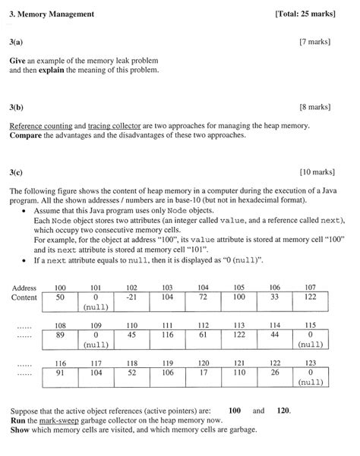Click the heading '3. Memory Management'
pyautogui.click(x=52, y=14)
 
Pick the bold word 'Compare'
pyautogui.click(x=29, y=136)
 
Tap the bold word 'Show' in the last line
pyautogui.click(x=21, y=429)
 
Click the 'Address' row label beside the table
pyautogui.click(x=24, y=288)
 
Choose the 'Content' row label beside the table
pyautogui.click(x=24, y=298)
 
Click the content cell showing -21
pyautogui.click(x=132, y=298)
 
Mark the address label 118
pyautogui.click(x=132, y=363)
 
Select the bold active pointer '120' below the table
pyautogui.click(x=283, y=409)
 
